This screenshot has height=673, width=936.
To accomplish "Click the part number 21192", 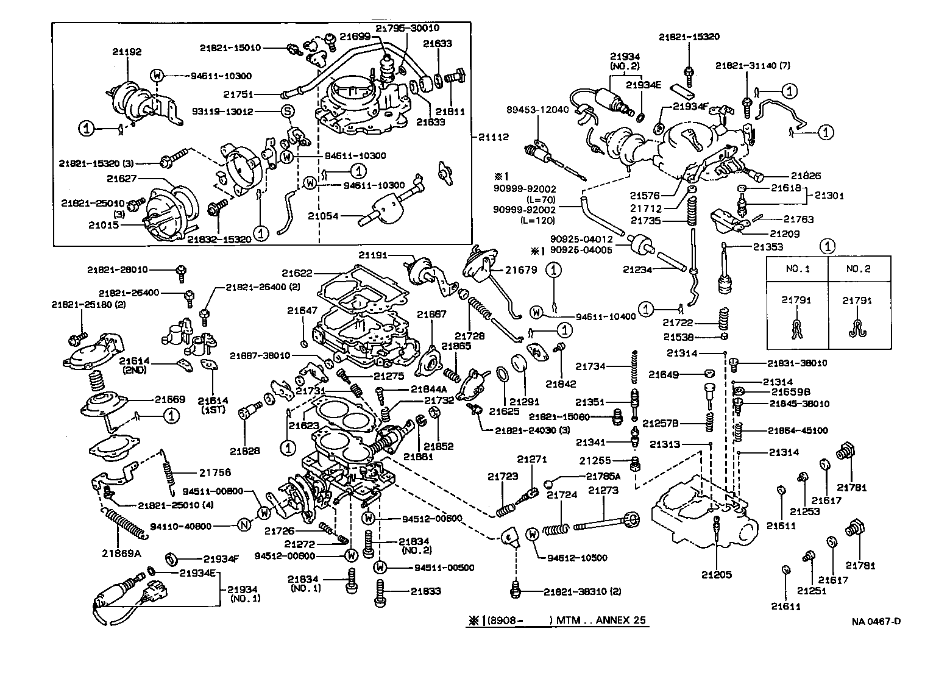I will (127, 52).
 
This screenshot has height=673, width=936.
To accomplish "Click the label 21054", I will (323, 216).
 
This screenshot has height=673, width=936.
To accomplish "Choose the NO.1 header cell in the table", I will (796, 268).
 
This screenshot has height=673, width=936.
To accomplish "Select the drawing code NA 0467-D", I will (876, 621).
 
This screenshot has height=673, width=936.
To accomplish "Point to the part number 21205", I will (716, 574).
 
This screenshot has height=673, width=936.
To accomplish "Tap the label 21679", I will (520, 269).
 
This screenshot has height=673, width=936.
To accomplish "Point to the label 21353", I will (768, 247).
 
